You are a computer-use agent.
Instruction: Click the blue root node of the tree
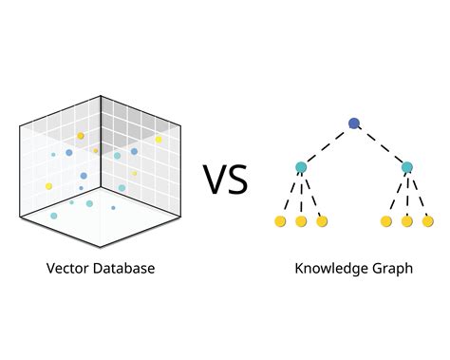click(x=354, y=123)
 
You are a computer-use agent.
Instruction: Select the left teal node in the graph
click(x=301, y=168)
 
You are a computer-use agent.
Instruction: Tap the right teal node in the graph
click(x=407, y=168)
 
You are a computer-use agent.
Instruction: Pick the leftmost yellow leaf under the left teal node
click(x=280, y=221)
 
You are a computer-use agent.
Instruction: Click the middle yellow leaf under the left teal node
click(x=301, y=221)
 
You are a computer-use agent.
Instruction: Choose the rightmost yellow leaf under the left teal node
click(x=322, y=221)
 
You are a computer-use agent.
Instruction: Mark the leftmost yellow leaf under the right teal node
click(x=386, y=221)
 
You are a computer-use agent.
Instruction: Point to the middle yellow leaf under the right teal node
click(x=407, y=221)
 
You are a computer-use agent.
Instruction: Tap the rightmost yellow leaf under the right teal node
click(x=428, y=221)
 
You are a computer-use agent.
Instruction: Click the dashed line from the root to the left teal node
click(x=328, y=145)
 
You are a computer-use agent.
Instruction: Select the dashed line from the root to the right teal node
click(x=381, y=145)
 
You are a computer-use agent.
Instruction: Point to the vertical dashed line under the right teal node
click(x=407, y=195)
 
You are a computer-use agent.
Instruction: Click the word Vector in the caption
click(x=67, y=269)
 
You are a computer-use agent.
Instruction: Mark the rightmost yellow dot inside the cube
click(x=159, y=140)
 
